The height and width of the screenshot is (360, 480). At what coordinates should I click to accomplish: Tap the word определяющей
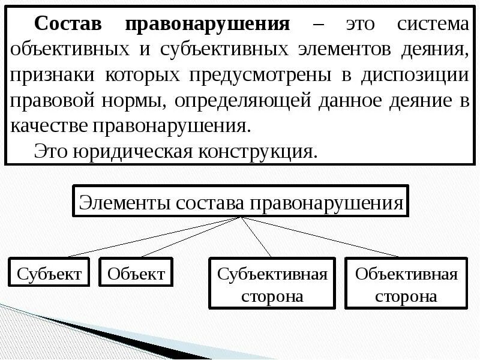click(242, 101)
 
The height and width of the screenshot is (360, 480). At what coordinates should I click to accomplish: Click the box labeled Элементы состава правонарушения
click(241, 202)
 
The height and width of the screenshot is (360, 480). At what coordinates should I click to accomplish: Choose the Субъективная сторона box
click(272, 284)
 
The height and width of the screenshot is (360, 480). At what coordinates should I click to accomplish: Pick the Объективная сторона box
click(406, 284)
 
